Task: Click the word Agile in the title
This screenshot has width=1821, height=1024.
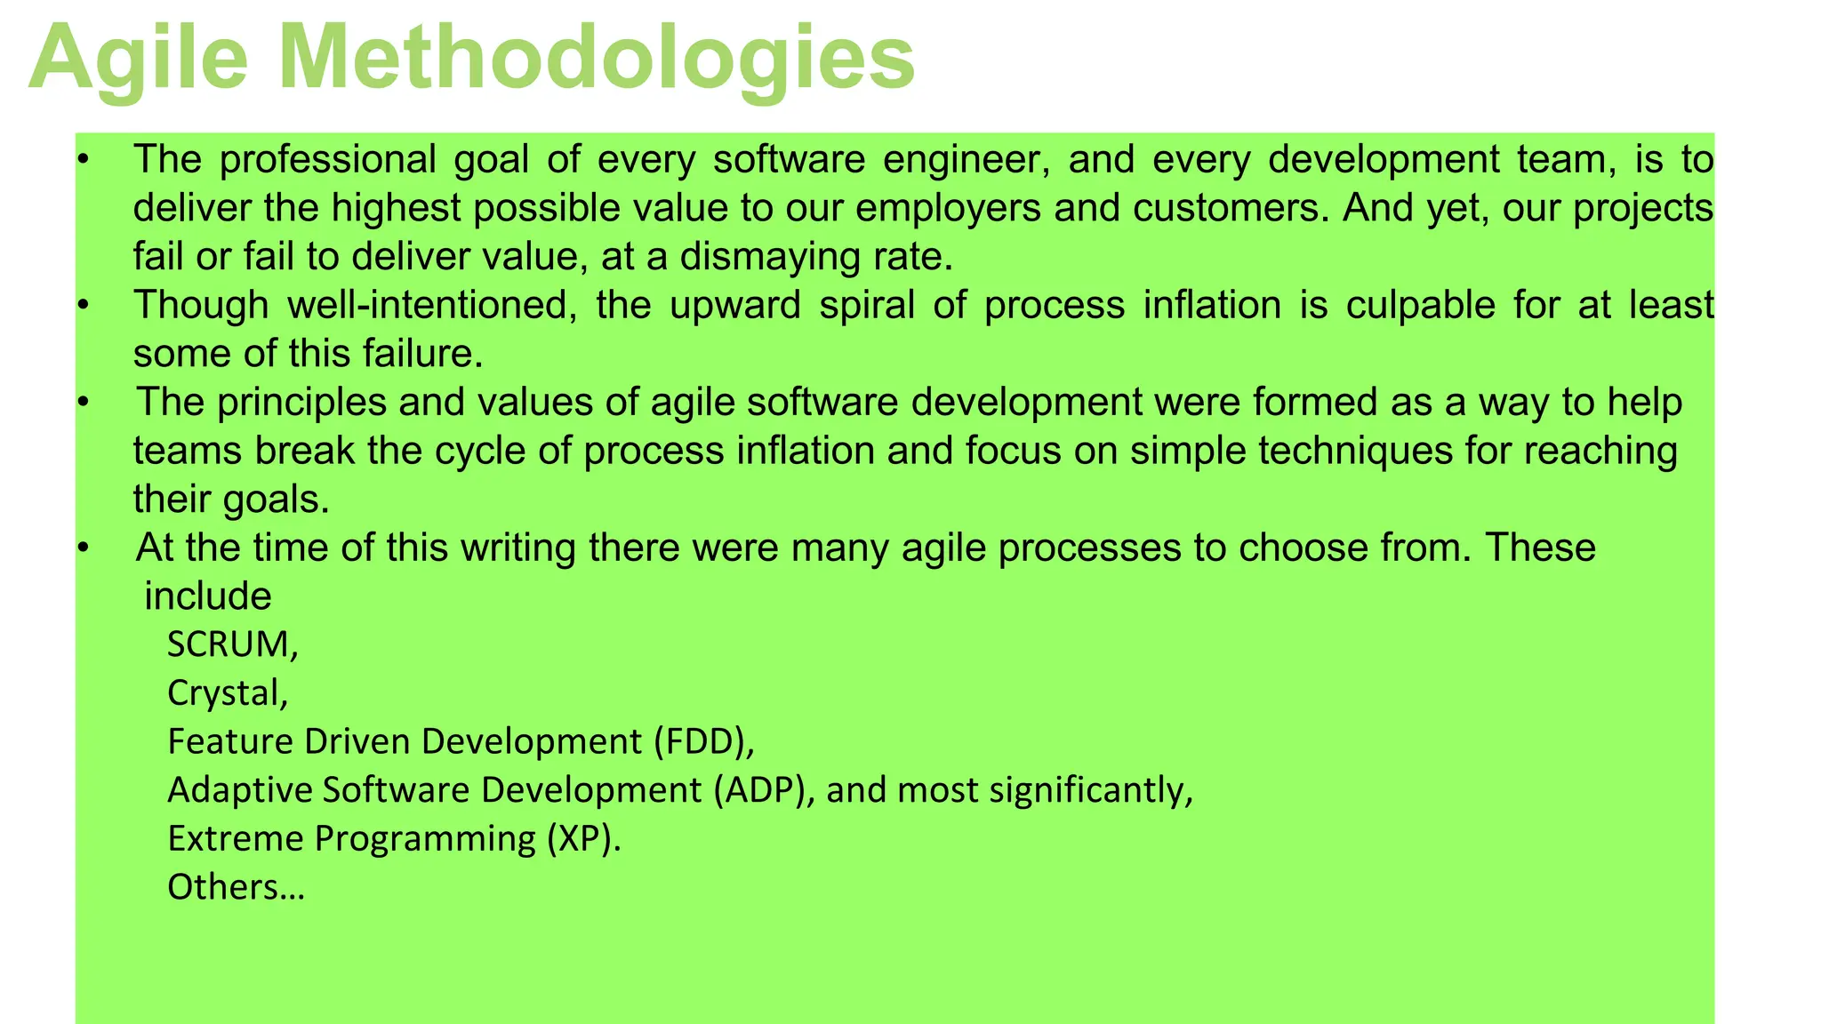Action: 138,59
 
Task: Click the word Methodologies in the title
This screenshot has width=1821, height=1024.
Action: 597,59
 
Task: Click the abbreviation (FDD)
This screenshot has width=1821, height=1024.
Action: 703,741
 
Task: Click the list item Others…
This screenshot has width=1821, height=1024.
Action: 236,887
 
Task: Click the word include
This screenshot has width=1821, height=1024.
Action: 208,596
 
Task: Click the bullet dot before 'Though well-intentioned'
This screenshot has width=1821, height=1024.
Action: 83,306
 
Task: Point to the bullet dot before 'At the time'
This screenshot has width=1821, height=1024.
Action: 83,548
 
